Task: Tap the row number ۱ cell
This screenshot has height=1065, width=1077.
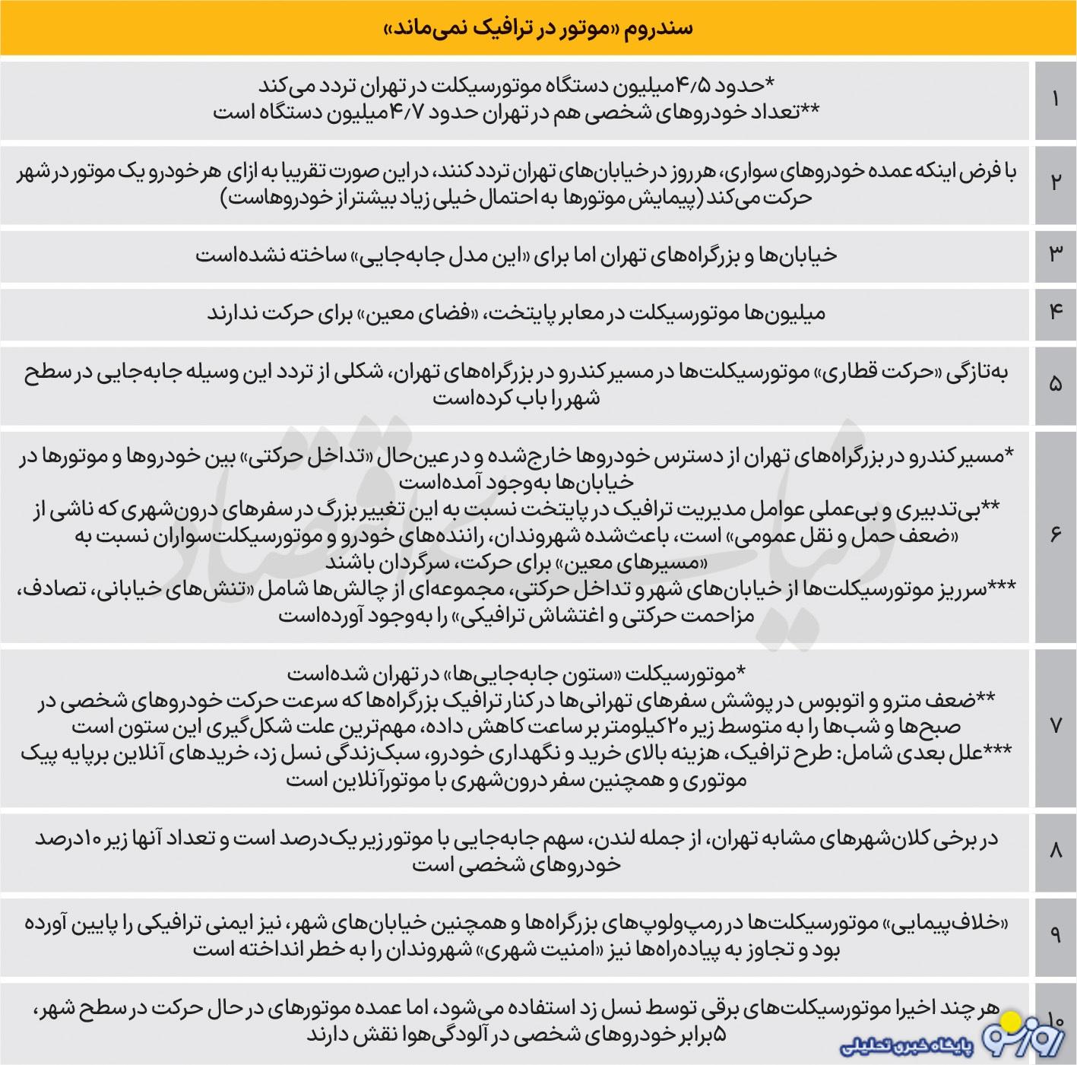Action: [x=1055, y=99]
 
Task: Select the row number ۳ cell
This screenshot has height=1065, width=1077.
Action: [x=1055, y=254]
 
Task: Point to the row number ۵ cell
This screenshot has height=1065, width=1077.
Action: [x=1055, y=385]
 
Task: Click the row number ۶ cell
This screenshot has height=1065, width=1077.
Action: [x=1055, y=535]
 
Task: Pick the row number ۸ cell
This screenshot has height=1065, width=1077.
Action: [x=1055, y=851]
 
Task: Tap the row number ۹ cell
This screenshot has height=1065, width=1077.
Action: [x=1055, y=935]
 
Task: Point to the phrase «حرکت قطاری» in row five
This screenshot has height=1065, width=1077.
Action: [x=854, y=372]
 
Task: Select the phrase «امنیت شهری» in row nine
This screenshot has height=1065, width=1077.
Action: [x=542, y=949]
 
